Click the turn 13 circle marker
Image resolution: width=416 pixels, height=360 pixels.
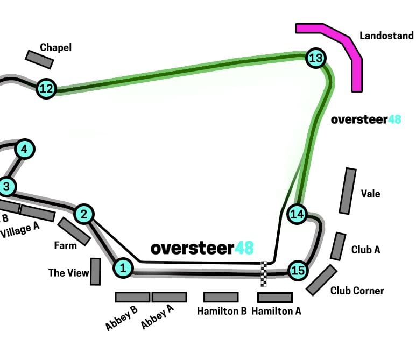(316, 58)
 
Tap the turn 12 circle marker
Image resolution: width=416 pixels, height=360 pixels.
(46, 89)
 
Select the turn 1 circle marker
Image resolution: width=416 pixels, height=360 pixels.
(123, 268)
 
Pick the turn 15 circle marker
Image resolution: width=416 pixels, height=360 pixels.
(298, 271)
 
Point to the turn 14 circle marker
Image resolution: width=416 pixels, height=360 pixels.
(297, 214)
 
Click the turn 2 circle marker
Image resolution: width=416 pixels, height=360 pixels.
(84, 214)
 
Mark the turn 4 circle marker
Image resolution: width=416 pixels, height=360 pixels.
(25, 149)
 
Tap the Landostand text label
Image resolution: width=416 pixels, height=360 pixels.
(386, 36)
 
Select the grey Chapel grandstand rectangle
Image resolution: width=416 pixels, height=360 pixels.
(39, 59)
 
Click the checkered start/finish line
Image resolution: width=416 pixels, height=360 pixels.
(264, 274)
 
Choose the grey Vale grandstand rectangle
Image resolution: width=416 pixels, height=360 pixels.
(348, 191)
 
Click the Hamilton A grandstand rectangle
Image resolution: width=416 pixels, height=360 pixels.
(275, 298)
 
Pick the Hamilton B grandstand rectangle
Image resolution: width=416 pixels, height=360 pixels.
(221, 297)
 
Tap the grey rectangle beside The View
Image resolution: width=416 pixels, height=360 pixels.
(95, 272)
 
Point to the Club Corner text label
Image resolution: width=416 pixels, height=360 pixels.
(357, 291)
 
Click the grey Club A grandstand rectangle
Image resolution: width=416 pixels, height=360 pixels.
(339, 246)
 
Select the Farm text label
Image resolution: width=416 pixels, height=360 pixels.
(65, 245)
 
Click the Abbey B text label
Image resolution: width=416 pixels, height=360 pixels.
(122, 318)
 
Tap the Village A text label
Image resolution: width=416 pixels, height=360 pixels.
(20, 230)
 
